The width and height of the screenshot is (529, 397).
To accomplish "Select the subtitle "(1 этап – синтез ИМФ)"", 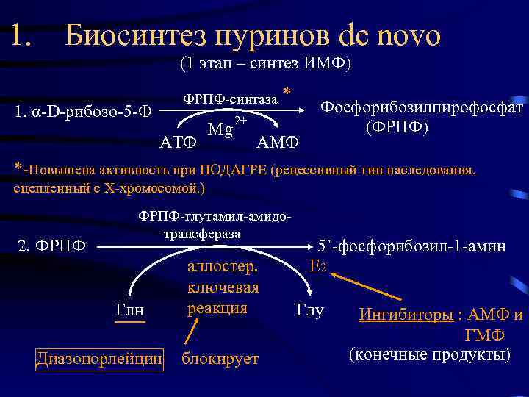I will (x=265, y=64).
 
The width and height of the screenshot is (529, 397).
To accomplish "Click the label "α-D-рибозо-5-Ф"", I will (x=84, y=112).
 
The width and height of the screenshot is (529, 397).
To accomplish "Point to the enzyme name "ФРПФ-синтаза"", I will (x=230, y=99).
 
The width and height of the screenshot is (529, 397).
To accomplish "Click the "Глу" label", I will (x=309, y=310).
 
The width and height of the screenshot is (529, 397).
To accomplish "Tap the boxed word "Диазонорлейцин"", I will (x=98, y=358).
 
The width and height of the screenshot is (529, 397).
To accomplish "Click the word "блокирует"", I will (x=220, y=358).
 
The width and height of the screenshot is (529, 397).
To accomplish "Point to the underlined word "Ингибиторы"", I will (x=406, y=316).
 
